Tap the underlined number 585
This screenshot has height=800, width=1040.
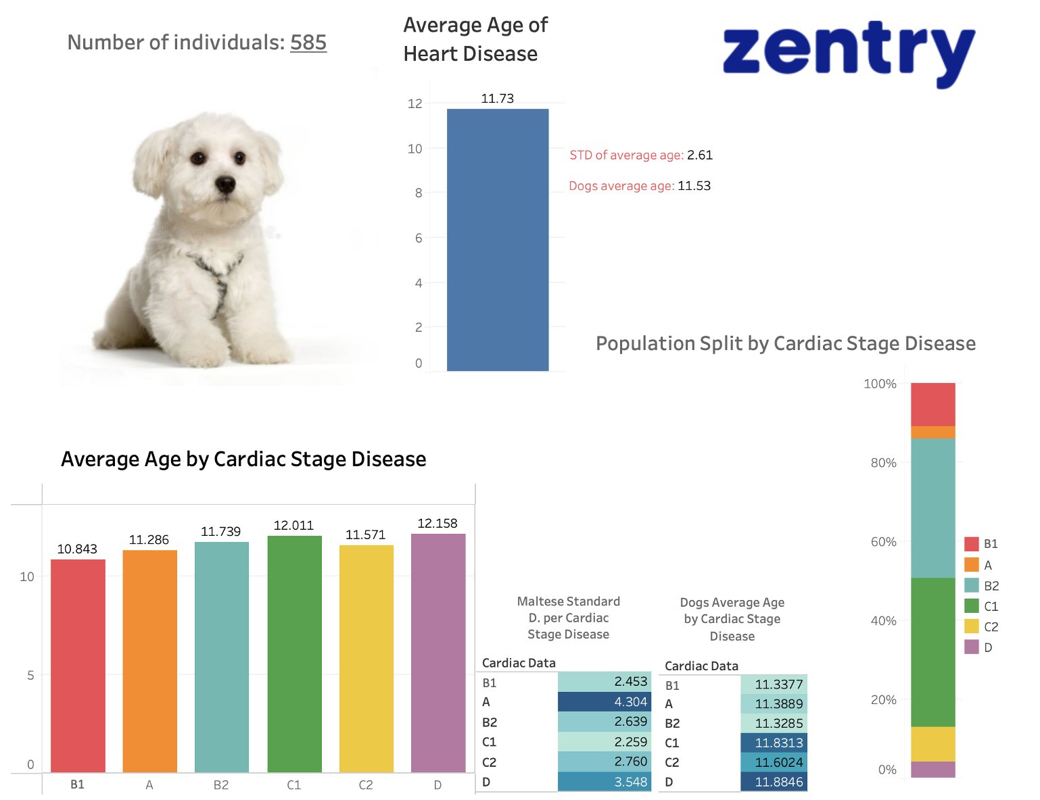[308, 43]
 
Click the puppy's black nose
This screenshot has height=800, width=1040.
[224, 184]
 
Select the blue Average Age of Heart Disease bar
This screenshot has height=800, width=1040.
[498, 240]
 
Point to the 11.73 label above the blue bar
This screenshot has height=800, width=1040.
[498, 99]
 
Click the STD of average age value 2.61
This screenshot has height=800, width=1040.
[700, 155]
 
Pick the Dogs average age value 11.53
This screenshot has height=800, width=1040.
[694, 186]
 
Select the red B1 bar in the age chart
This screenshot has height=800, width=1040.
[78, 666]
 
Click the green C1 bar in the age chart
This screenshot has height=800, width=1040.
[294, 654]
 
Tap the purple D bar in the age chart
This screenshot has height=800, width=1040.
[438, 653]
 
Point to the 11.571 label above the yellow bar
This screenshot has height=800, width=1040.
[366, 535]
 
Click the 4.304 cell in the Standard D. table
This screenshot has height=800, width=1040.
[605, 702]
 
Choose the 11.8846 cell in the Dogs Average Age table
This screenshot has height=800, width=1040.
[774, 782]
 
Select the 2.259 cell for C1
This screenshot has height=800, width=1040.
[605, 742]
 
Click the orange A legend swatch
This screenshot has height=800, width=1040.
[972, 565]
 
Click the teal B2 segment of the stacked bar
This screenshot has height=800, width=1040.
[932, 508]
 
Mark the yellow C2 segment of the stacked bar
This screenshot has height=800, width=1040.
[932, 744]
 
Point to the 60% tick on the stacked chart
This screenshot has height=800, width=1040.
[883, 542]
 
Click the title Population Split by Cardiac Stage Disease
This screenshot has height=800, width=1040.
[785, 344]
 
